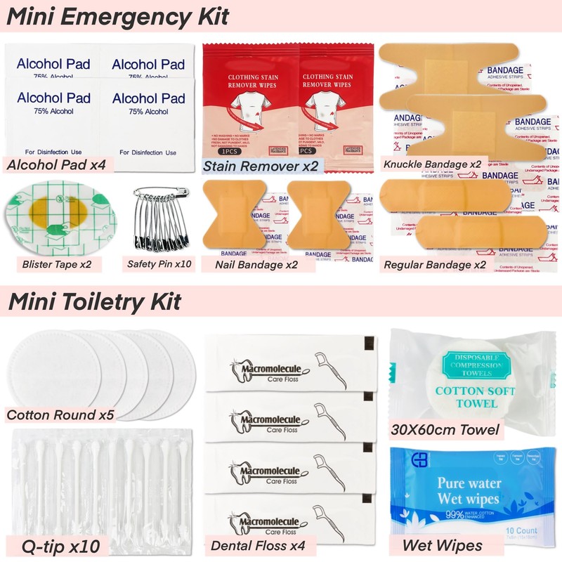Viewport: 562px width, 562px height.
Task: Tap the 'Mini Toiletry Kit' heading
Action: (x=94, y=301)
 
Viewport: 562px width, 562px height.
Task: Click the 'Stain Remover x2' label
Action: (x=260, y=166)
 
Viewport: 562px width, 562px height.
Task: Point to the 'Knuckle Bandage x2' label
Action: (x=432, y=164)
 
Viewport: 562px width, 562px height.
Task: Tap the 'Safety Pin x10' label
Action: (x=159, y=265)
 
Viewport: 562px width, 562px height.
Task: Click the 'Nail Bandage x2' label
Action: (x=249, y=265)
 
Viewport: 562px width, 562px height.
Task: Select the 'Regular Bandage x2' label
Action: (x=435, y=265)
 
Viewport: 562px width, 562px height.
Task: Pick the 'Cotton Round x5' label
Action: (x=60, y=414)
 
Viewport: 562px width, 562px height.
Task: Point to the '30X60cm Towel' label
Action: (x=447, y=429)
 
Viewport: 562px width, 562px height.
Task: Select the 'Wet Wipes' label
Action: (x=442, y=545)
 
